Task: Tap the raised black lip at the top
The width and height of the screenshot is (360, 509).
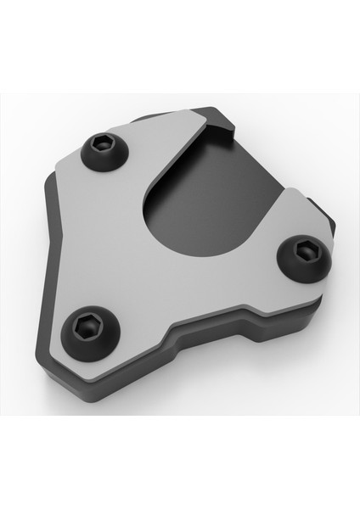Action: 222,124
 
